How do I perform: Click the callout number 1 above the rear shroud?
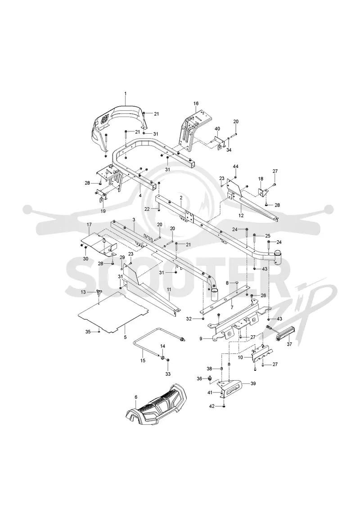click(x=126, y=94)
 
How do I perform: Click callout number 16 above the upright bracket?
click(x=196, y=104)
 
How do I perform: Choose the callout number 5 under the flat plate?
click(x=125, y=337)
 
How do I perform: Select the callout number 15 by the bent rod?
click(x=143, y=360)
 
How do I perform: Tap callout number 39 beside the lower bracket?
click(x=253, y=383)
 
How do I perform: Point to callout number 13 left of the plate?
click(x=83, y=292)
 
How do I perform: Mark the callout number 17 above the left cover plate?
click(x=89, y=224)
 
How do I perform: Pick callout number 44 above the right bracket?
click(x=236, y=166)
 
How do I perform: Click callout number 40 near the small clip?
click(x=217, y=129)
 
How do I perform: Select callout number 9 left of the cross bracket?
click(x=201, y=338)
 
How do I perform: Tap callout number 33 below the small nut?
click(x=168, y=374)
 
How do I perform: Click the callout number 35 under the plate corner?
click(x=88, y=331)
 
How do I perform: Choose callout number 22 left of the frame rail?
click(x=147, y=209)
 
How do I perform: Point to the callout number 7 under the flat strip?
click(x=232, y=307)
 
